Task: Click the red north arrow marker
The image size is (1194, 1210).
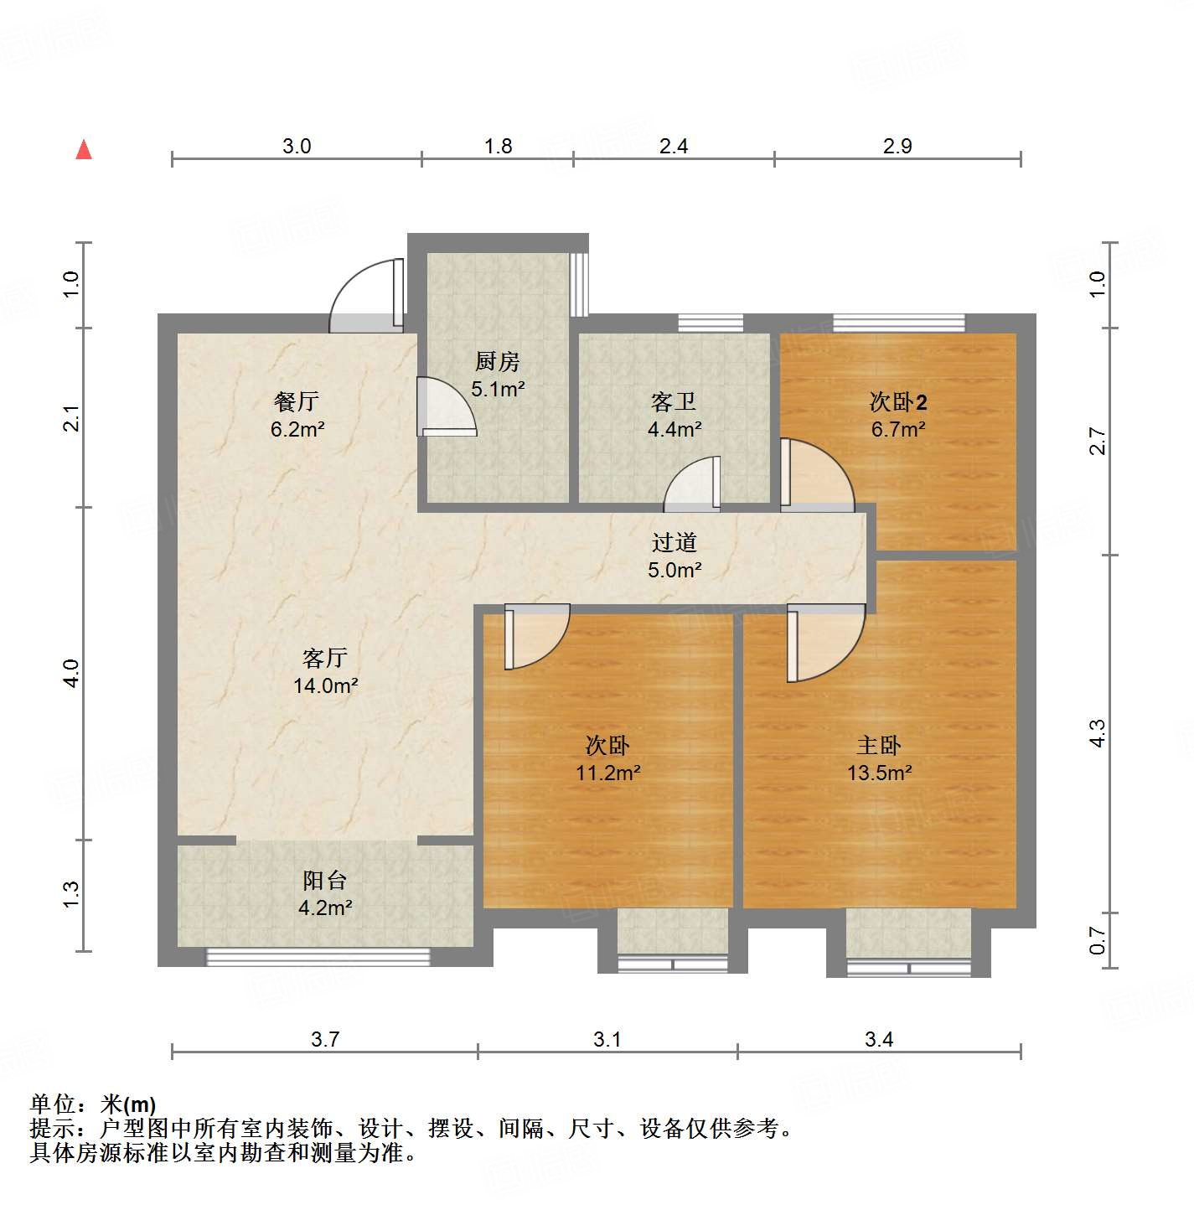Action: pyautogui.click(x=84, y=150)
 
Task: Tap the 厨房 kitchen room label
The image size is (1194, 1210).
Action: pyautogui.click(x=498, y=362)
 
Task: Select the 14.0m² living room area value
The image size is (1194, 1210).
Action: pyautogui.click(x=325, y=686)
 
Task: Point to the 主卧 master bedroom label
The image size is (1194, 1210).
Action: pyautogui.click(x=879, y=745)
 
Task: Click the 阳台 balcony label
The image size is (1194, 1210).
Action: pyautogui.click(x=324, y=881)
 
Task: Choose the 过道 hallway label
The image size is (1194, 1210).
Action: pyautogui.click(x=674, y=543)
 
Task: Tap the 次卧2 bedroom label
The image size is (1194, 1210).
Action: pyautogui.click(x=897, y=402)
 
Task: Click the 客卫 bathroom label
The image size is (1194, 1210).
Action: pyautogui.click(x=674, y=402)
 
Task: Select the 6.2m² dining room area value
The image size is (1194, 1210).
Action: pyautogui.click(x=297, y=430)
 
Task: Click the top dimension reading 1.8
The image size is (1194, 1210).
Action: pyautogui.click(x=498, y=146)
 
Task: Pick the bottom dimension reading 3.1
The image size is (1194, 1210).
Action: pyautogui.click(x=607, y=1040)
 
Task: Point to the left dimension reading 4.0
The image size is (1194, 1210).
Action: pyautogui.click(x=72, y=673)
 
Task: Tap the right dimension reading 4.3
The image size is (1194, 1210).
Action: pyautogui.click(x=1097, y=733)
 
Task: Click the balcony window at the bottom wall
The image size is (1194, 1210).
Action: pyautogui.click(x=318, y=956)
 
